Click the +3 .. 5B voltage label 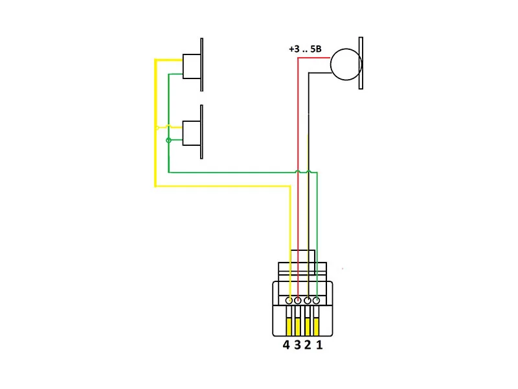coord(308,49)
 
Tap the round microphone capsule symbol coord(346,65)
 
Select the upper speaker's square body coord(192,66)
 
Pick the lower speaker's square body coord(192,132)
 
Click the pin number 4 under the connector coord(286,345)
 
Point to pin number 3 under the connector coord(297,345)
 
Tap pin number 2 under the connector coord(308,345)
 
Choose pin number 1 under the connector coord(319,345)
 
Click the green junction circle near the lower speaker coord(169,140)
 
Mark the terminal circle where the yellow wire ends coord(289,301)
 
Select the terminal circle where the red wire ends coord(298,301)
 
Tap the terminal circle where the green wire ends coord(317,301)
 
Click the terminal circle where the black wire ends coord(308,301)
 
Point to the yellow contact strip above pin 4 coord(288,327)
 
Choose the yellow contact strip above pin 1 coord(317,327)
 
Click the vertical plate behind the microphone coord(361,63)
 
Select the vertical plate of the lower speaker coord(203,131)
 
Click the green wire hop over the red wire coord(298,172)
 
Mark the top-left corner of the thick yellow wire coord(155,60)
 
